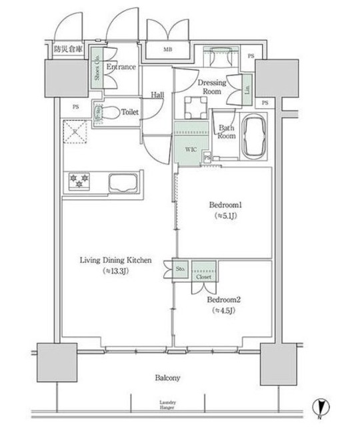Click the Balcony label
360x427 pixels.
[x=170, y=378]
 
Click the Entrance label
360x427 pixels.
[x=121, y=67]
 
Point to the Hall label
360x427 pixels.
[x=157, y=94]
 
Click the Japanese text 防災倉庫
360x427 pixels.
[x=69, y=49]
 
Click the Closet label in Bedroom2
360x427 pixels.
[x=203, y=276]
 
